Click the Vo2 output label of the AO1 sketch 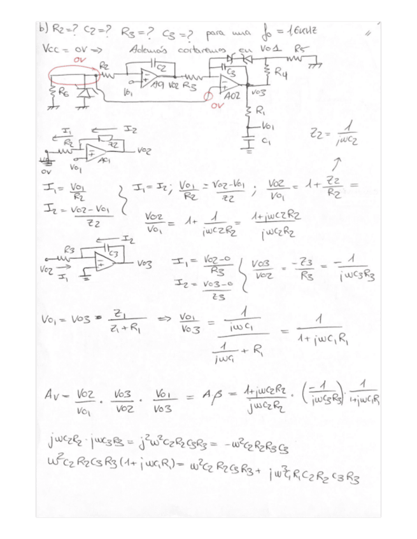tap(144, 153)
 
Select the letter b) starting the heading tap(44, 29)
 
